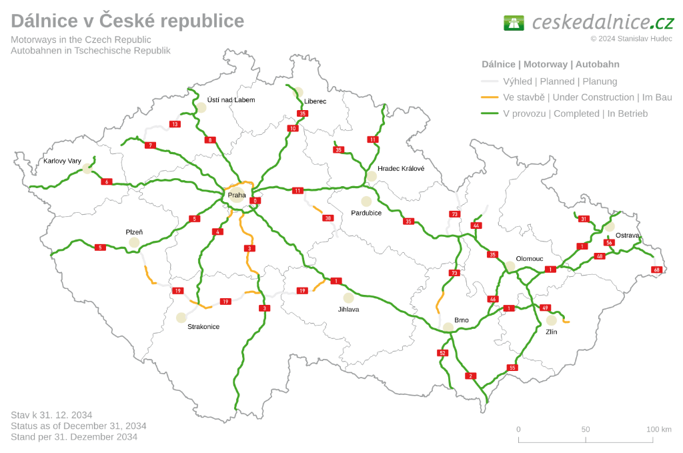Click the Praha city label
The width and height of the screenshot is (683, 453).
point(237,195)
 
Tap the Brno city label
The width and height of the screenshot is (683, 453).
point(462,320)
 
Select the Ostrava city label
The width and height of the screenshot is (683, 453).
point(628,236)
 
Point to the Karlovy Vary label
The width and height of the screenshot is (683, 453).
point(62,161)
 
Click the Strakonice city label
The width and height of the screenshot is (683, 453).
point(203,326)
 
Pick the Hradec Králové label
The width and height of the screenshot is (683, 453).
point(401,169)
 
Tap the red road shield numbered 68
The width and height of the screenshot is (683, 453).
point(657,270)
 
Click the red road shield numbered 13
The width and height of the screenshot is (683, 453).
point(175,124)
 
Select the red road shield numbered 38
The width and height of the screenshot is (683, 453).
point(327,218)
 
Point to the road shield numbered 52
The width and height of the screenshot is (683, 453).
point(442,352)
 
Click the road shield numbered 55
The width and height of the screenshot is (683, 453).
point(512,368)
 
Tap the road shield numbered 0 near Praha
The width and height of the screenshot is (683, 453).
point(254,200)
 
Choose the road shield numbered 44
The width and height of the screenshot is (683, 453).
point(476,225)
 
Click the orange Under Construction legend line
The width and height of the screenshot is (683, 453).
point(490,97)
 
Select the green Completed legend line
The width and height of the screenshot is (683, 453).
point(490,113)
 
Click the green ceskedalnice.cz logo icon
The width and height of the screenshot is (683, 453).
point(514,23)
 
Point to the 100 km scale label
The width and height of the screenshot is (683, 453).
point(659,429)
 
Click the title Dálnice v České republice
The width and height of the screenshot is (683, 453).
point(127,21)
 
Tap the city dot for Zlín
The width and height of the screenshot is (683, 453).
point(552,320)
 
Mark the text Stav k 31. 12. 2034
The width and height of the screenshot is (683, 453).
point(51,414)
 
